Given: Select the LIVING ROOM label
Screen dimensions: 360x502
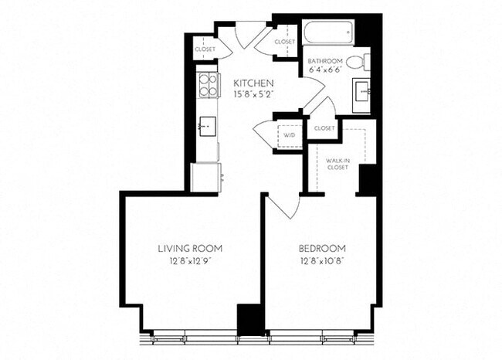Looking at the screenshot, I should [190, 248].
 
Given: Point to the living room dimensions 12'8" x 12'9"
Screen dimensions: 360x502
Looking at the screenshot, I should [190, 260].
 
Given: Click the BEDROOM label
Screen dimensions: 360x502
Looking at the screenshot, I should [322, 248].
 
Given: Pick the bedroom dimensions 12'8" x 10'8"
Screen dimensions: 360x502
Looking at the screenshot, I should [322, 260].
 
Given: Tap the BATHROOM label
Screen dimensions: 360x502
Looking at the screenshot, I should [324, 60].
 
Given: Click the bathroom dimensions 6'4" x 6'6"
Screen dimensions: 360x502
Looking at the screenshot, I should [324, 70].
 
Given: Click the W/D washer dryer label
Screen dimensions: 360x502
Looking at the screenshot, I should [289, 135].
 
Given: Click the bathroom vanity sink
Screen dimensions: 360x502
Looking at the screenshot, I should [361, 90].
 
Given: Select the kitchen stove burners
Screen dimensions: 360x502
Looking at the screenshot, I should [206, 84].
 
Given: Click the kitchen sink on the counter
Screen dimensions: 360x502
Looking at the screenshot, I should [205, 124].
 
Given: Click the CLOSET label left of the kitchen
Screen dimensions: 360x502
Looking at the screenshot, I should [205, 49].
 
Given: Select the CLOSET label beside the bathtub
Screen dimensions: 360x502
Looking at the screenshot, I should [285, 41].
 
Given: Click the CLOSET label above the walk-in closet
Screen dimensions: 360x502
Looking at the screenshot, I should [324, 128].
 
